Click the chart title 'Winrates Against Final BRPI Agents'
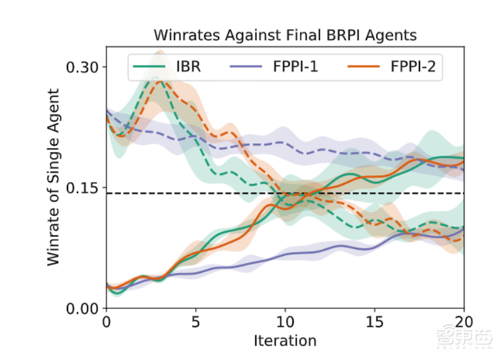[x=285, y=35]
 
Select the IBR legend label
[x=188, y=66]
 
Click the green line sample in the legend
[x=151, y=66]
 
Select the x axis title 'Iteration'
[x=285, y=341]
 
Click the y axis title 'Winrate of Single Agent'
[x=54, y=177]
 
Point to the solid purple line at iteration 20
[x=464, y=228]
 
